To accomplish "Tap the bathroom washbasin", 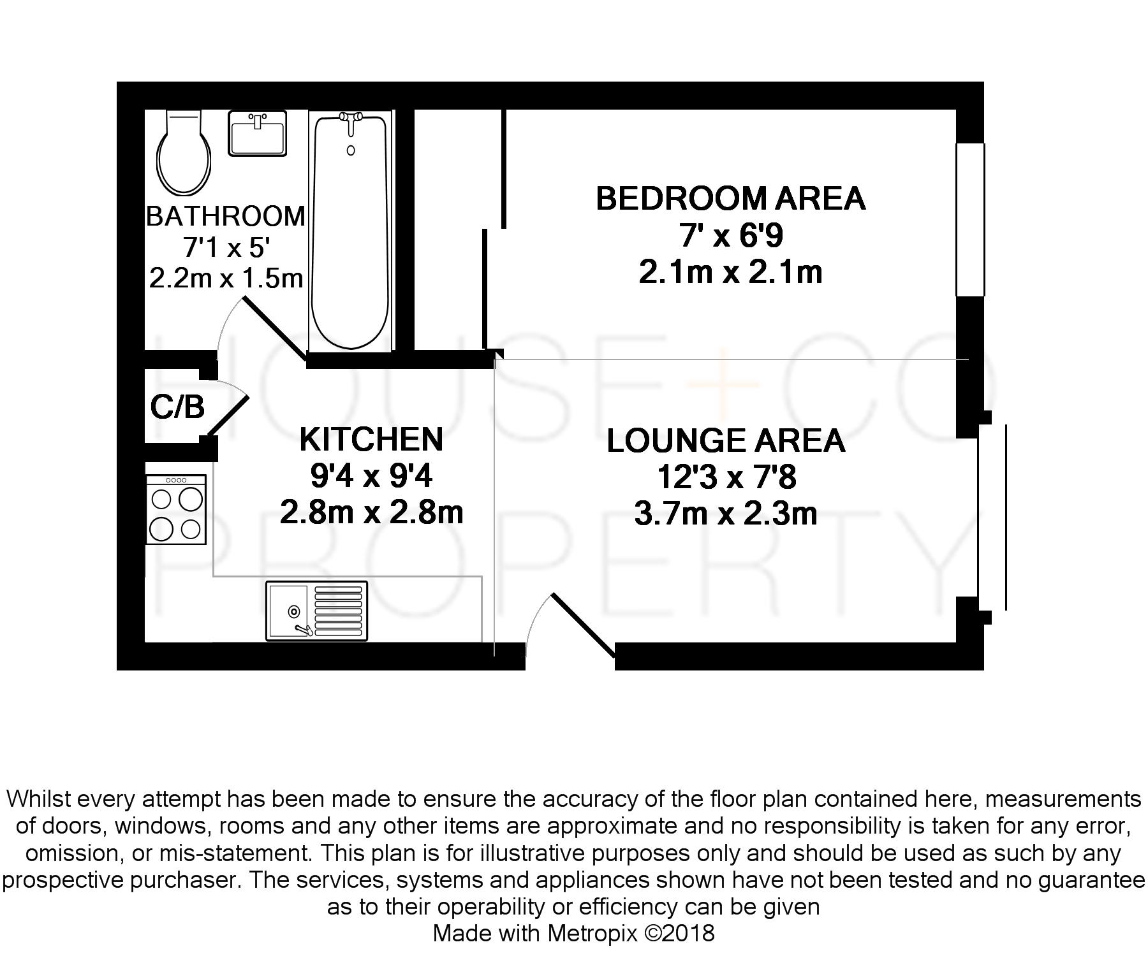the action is point(257,133).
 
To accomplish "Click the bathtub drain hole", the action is point(350,150).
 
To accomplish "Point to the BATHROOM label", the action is point(226,216).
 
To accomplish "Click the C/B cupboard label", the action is point(177,407).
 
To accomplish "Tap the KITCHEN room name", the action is point(371,439).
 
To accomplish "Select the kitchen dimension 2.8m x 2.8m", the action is point(371,512).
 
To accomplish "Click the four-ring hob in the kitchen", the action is point(176,510).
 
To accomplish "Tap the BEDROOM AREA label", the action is point(730,198).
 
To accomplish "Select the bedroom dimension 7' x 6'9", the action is point(731,236).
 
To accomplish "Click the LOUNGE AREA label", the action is point(726,440).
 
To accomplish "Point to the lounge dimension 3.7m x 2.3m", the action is point(726,514).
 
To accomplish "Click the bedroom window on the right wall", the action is point(970,220).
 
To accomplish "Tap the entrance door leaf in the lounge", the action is point(584,625).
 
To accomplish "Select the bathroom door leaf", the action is point(276,330).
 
